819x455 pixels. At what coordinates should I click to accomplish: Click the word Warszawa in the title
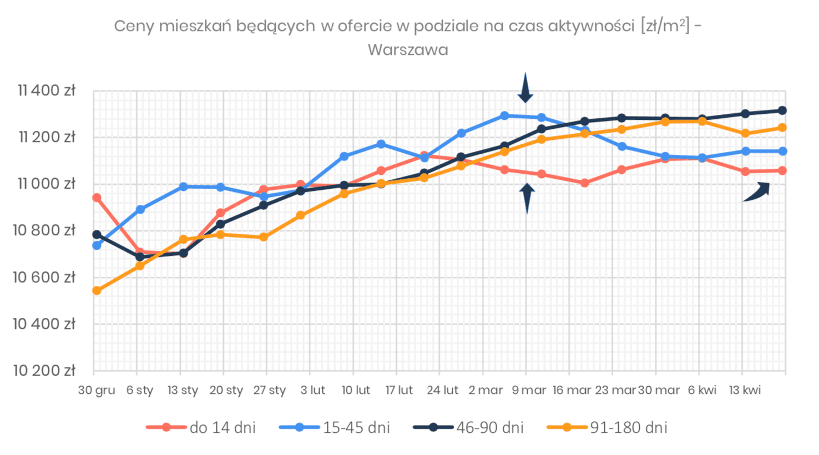coord(408,50)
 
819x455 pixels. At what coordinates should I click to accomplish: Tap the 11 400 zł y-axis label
coord(47,90)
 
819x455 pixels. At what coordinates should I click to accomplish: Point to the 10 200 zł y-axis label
coord(44,371)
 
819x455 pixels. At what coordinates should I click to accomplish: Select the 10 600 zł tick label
coord(44,277)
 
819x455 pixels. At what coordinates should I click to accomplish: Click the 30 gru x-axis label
coord(97,390)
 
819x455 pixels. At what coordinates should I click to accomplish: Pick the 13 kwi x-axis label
coord(745,390)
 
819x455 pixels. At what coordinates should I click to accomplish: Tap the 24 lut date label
coord(442,390)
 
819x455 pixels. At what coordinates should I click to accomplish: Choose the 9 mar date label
coord(529,390)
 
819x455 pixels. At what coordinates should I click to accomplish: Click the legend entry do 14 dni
coord(201,427)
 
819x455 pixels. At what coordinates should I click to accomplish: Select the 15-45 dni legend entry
coord(335,427)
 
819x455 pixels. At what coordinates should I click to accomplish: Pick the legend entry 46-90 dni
coord(468,427)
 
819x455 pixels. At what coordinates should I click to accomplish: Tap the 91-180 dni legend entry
coord(607,427)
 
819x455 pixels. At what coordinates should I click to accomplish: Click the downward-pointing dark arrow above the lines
coord(525,88)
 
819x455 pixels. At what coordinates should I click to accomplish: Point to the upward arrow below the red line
coord(527,198)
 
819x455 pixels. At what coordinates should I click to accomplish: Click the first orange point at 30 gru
coord(97,291)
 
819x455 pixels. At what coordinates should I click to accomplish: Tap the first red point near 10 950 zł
coord(97,198)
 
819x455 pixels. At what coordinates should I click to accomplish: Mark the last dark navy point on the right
coord(782,110)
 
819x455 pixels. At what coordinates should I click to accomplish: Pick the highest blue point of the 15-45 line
coord(504,116)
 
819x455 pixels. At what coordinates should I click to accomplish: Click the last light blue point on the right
coord(782,151)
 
